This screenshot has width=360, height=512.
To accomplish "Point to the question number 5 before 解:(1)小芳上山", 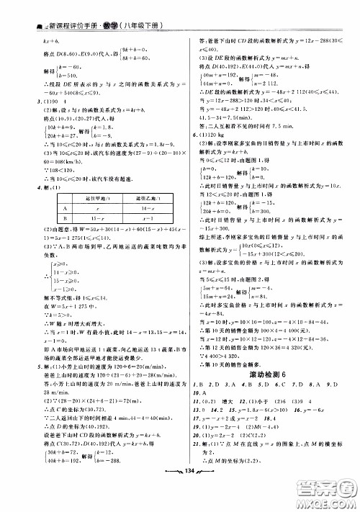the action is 26,367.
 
